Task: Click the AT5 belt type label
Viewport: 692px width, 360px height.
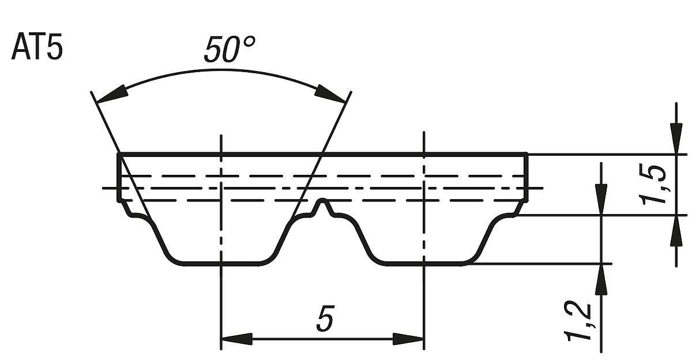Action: coord(36,48)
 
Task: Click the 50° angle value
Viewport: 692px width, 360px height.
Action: coord(229,50)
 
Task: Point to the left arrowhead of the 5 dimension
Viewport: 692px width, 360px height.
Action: coord(236,339)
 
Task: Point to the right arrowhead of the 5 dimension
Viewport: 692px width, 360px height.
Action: coord(409,339)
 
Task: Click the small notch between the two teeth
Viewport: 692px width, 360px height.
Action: coord(325,204)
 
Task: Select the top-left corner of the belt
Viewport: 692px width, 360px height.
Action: coord(119,154)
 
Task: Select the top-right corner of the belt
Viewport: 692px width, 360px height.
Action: coord(526,154)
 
